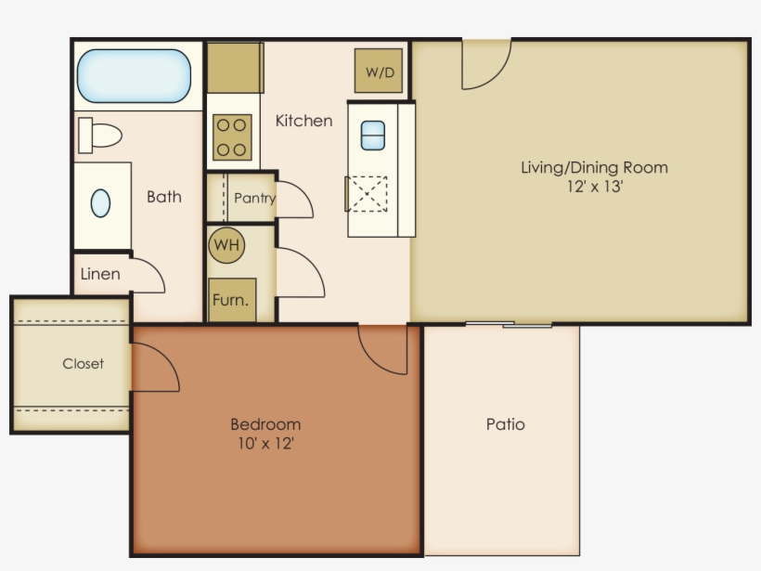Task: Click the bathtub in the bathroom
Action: point(135,76)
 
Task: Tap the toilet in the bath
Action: point(100,135)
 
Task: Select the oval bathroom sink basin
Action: point(100,203)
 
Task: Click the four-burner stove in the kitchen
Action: point(232,137)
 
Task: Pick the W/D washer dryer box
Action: point(379,71)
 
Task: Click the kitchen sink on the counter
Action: point(372,136)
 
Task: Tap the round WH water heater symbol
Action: point(227,246)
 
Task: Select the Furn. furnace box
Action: point(231,300)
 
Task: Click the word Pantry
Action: point(253,198)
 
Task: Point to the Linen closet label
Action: point(100,274)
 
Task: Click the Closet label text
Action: point(84,364)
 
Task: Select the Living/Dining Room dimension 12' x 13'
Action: point(594,187)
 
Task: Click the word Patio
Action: point(506,424)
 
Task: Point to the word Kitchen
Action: point(303,121)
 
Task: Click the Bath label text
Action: point(164,197)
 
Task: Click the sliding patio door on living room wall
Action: point(509,324)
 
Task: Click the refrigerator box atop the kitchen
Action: point(235,67)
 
